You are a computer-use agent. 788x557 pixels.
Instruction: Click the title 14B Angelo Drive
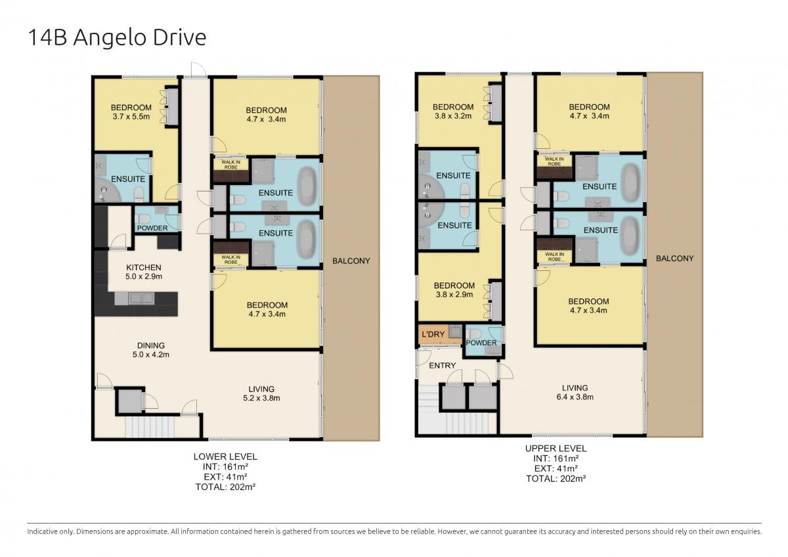pyautogui.click(x=117, y=37)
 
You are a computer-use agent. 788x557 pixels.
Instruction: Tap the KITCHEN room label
pyautogui.click(x=144, y=268)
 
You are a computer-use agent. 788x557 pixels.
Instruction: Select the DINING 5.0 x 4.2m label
pyautogui.click(x=151, y=350)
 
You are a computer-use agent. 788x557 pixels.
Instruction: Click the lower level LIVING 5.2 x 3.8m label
pyautogui.click(x=261, y=394)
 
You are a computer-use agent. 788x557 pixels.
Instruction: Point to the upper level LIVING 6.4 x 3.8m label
pyautogui.click(x=575, y=392)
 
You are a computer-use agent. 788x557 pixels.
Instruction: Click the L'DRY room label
pyautogui.click(x=433, y=334)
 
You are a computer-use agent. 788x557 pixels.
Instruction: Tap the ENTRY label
pyautogui.click(x=442, y=366)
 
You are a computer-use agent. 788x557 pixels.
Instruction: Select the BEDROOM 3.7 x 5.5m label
pyautogui.click(x=131, y=112)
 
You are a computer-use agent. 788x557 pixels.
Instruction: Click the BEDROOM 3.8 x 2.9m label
pyautogui.click(x=454, y=290)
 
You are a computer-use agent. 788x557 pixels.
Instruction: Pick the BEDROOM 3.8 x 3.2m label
pyautogui.click(x=453, y=112)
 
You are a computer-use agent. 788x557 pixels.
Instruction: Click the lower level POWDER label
pyautogui.click(x=152, y=228)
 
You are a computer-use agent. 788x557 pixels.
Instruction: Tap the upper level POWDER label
pyautogui.click(x=481, y=342)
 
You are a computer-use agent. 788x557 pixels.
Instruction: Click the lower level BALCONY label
pyautogui.click(x=351, y=261)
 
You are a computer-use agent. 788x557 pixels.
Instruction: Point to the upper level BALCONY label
pyautogui.click(x=675, y=258)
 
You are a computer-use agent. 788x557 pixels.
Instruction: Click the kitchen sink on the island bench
pyautogui.click(x=141, y=299)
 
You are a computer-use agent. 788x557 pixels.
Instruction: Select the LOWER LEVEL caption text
pyautogui.click(x=225, y=457)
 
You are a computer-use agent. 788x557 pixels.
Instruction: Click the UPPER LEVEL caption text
pyautogui.click(x=556, y=448)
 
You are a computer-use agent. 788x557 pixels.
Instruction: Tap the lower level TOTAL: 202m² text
pyautogui.click(x=225, y=487)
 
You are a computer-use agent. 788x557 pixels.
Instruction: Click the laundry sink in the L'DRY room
pyautogui.click(x=455, y=331)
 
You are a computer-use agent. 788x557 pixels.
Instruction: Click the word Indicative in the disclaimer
pyautogui.click(x=42, y=531)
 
